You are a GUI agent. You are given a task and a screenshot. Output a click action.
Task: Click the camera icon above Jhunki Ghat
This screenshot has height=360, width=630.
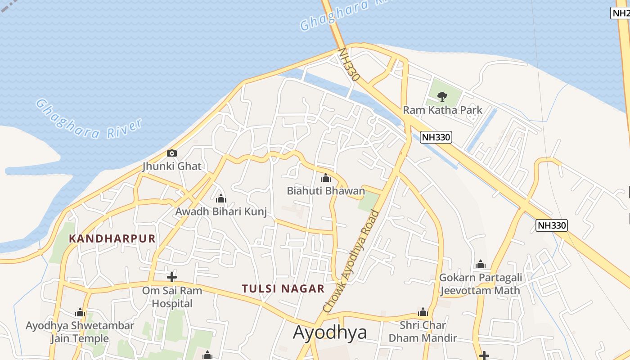(172, 153)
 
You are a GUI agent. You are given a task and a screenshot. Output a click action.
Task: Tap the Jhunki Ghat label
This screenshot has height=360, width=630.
(172, 166)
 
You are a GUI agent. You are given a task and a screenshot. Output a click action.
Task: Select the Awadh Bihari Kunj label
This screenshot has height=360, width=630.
(221, 211)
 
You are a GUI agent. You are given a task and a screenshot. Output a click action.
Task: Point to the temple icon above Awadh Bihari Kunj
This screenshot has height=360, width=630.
(221, 198)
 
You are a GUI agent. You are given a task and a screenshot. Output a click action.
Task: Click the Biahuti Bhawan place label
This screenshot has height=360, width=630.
(326, 191)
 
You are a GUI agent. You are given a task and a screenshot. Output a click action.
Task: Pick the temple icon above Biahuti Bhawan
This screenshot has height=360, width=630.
(326, 178)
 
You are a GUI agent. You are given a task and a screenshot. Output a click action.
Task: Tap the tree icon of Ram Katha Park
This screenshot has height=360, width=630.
(442, 96)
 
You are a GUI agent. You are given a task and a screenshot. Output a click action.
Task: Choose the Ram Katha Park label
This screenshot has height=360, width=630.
(442, 110)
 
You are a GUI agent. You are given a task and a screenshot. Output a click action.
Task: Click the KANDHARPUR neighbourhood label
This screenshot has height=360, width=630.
(112, 238)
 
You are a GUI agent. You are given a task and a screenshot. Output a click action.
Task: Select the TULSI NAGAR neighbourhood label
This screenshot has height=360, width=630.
(283, 288)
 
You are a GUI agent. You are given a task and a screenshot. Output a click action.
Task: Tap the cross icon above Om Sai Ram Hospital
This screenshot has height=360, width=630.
(172, 277)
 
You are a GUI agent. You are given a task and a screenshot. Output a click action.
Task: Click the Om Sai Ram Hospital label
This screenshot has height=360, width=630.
(172, 297)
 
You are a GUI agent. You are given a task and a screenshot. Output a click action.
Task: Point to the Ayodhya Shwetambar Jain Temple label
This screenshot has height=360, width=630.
(80, 332)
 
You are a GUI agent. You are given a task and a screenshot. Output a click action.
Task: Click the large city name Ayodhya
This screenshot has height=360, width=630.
(330, 332)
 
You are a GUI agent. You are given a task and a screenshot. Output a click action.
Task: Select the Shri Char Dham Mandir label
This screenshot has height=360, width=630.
(423, 331)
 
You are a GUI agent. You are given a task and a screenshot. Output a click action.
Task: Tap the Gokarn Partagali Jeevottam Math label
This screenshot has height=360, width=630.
(480, 284)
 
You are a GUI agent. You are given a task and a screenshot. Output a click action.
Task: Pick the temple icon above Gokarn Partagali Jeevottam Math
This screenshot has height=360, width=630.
(481, 264)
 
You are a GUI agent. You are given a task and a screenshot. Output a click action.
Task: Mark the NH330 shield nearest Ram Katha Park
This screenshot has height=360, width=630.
(436, 137)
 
